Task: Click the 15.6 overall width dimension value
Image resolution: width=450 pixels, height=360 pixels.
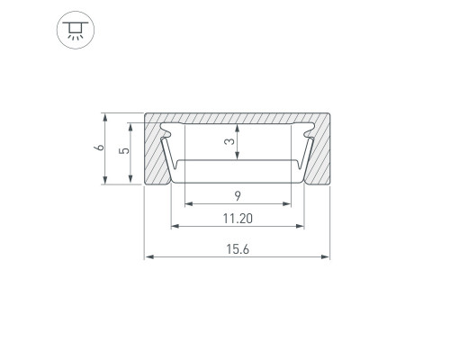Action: coord(238,249)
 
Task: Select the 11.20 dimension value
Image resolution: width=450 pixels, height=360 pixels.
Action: coord(238,219)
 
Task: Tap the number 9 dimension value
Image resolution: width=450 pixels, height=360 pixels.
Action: coord(238,196)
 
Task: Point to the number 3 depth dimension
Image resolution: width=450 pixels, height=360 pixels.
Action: coord(230,141)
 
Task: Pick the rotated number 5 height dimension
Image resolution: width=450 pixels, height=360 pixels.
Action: coord(124,149)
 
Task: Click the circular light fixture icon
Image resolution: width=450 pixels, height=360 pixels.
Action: coord(76,30)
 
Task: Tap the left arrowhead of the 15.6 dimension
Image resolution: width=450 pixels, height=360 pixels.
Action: coord(149,256)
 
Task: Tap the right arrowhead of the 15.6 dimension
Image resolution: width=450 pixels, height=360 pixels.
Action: coord(325,256)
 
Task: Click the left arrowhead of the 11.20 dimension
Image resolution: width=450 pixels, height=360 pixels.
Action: coord(175,226)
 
